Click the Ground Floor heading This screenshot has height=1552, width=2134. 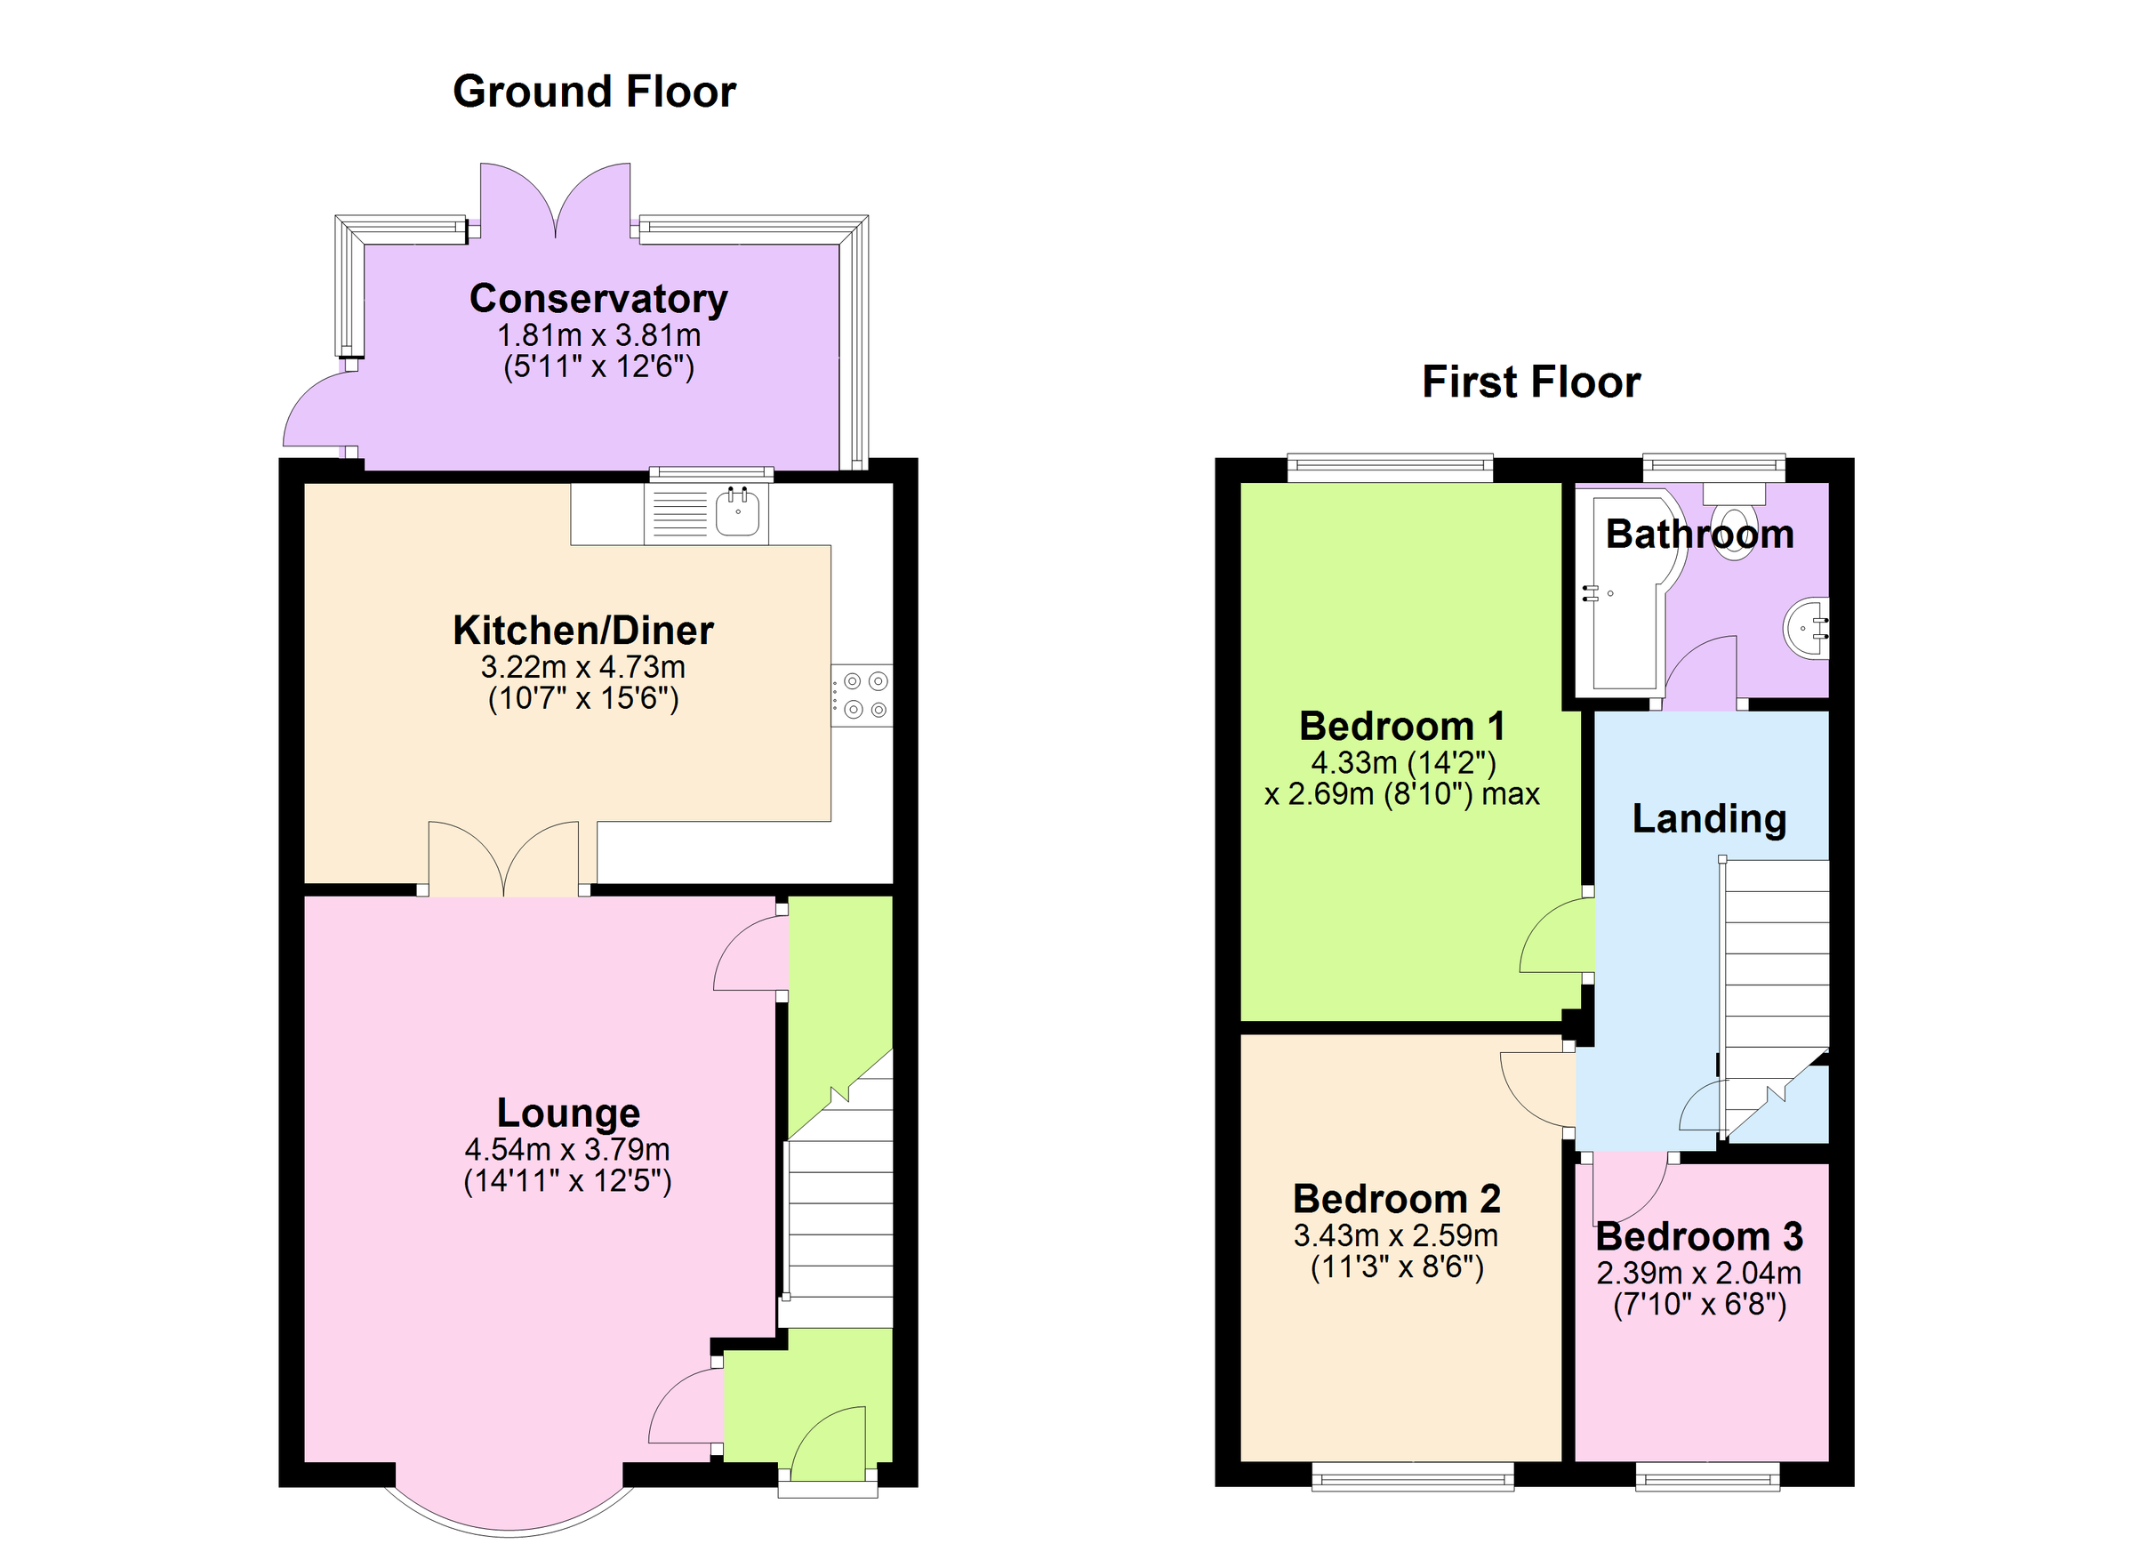(594, 92)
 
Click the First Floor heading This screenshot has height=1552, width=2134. (1530, 383)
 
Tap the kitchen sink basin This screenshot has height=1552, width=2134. (738, 514)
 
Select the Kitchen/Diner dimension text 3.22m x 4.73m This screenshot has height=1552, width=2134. (582, 667)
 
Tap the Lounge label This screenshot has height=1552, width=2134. (568, 1113)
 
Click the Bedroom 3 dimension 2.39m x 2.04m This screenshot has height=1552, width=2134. (1698, 1274)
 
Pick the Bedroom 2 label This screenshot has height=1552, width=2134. (1396, 1199)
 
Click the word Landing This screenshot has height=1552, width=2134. (1709, 819)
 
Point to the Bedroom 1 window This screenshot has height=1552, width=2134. (1390, 468)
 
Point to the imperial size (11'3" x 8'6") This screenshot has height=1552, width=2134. (1396, 1267)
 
